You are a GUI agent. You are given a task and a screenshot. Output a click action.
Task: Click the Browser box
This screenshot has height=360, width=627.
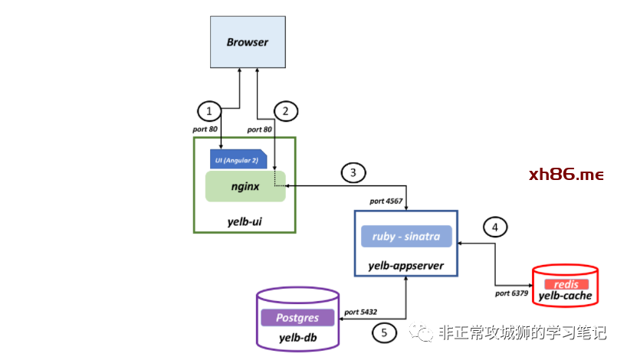[x=248, y=42]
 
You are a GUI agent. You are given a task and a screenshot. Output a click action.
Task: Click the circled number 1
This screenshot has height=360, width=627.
[x=208, y=110]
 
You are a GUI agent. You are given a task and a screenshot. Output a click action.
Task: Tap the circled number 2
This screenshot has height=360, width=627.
[x=285, y=110]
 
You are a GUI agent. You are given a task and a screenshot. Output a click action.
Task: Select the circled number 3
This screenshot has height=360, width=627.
[x=353, y=173]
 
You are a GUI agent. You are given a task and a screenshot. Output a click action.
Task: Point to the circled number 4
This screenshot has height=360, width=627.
[x=495, y=227]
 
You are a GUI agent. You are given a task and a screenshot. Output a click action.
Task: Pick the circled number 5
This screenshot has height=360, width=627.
[x=384, y=332]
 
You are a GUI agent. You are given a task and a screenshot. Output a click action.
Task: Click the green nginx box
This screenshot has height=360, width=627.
[x=245, y=186]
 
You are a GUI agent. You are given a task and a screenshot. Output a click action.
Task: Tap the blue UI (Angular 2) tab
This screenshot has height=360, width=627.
[x=238, y=159]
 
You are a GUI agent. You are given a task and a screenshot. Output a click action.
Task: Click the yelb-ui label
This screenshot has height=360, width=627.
[x=245, y=221]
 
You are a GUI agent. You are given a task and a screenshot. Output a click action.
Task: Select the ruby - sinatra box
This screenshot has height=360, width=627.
[x=406, y=237]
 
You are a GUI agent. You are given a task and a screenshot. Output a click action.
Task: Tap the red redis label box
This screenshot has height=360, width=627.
[x=566, y=284]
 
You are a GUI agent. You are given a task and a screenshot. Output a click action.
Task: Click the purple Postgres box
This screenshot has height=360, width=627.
[x=298, y=317]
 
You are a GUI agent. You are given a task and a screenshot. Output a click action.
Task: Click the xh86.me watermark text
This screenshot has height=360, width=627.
[x=566, y=175]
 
